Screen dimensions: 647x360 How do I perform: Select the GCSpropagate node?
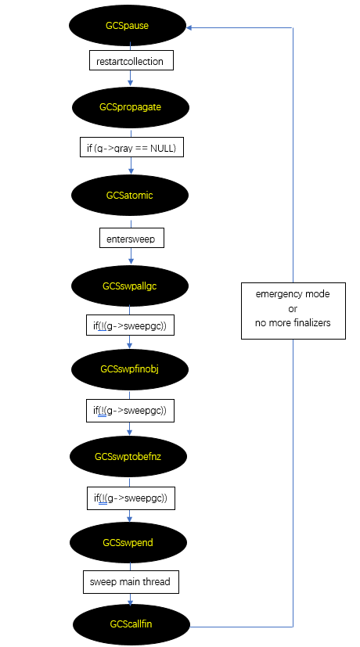point(130,107)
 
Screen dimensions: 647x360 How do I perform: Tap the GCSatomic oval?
point(130,196)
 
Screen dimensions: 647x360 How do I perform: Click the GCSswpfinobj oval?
point(130,369)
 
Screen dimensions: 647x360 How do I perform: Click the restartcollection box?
point(130,61)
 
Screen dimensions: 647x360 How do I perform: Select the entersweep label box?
point(130,238)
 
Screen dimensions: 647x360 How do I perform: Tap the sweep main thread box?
point(130,581)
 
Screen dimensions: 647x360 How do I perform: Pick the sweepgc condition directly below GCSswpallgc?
point(130,325)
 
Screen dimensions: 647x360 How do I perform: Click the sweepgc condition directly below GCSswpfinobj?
point(130,410)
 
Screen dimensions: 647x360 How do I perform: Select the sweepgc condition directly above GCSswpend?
point(130,498)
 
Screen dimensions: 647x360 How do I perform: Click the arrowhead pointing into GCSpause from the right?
point(188,27)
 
